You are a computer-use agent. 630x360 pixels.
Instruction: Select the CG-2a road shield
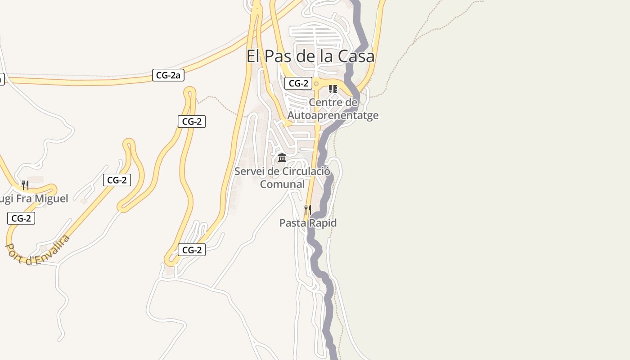coord(168,75)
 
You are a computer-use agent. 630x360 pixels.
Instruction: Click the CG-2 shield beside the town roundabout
coord(298,83)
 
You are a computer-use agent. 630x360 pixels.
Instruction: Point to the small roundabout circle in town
coord(316,84)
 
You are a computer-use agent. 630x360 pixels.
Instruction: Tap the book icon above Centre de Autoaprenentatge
coord(333,89)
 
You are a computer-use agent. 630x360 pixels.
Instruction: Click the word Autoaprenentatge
coord(333,116)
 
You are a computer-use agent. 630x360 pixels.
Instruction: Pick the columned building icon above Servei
coord(282,157)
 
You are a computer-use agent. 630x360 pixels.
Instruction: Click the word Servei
coord(249,171)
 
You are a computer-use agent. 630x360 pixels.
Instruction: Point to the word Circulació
coord(306,171)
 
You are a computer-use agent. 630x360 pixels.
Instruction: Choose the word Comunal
coord(282,184)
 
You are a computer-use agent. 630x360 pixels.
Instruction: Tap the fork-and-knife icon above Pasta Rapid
coord(307,209)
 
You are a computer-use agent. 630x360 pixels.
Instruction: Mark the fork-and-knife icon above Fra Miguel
coord(25,185)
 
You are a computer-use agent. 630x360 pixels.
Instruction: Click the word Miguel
coord(51,198)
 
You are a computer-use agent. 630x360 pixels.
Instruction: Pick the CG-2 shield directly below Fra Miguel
coord(21,218)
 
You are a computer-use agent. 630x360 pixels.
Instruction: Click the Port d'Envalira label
coord(39,250)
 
